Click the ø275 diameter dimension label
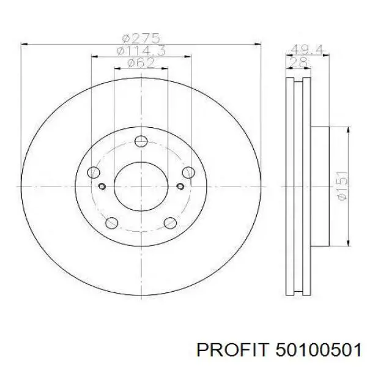pyautogui.click(x=141, y=38)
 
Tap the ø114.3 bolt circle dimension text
pyautogui.click(x=141, y=51)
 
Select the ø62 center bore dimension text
pyautogui.click(x=141, y=63)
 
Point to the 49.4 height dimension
pyautogui.click(x=307, y=50)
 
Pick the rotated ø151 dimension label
pyautogui.click(x=342, y=186)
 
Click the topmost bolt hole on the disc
pyautogui.click(x=141, y=141)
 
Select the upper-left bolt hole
pyautogui.click(x=94, y=172)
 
